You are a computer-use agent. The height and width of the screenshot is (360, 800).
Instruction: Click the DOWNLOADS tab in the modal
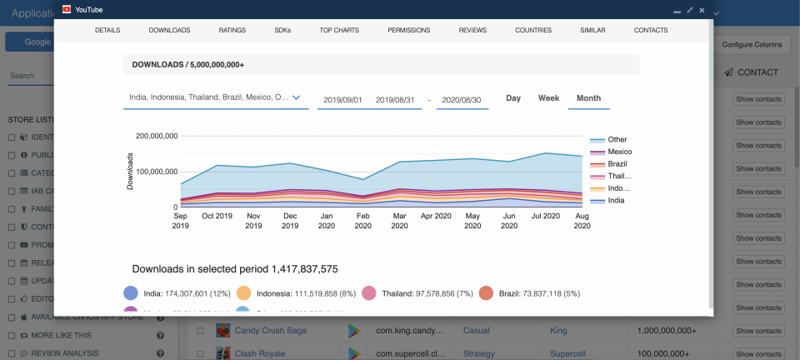pyautogui.click(x=169, y=30)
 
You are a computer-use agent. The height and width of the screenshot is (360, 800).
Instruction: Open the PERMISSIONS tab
pyautogui.click(x=408, y=30)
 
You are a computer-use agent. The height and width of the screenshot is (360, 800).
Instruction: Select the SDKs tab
pyautogui.click(x=282, y=30)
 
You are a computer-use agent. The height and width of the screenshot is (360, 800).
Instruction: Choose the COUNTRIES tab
pyautogui.click(x=533, y=30)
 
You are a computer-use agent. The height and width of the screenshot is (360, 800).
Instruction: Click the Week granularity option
pyautogui.click(x=548, y=98)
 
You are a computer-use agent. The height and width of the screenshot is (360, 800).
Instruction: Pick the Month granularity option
pyautogui.click(x=588, y=98)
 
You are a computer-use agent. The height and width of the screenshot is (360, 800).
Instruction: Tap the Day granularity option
pyautogui.click(x=513, y=98)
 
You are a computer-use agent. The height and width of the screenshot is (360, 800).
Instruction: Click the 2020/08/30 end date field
pyautogui.click(x=462, y=99)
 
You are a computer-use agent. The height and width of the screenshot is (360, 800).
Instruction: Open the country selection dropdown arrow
pyautogui.click(x=295, y=97)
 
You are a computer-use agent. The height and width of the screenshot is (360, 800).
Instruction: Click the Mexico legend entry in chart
pyautogui.click(x=618, y=152)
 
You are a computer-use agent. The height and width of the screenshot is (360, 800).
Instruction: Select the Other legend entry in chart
pyautogui.click(x=617, y=140)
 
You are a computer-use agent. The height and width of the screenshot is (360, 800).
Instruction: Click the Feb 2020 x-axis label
pyautogui.click(x=363, y=220)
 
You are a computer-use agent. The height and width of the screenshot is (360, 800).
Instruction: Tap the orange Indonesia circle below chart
pyautogui.click(x=244, y=293)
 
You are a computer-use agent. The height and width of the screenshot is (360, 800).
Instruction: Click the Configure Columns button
pyautogui.click(x=752, y=43)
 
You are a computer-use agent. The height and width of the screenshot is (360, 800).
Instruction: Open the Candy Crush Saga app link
pyautogui.click(x=270, y=331)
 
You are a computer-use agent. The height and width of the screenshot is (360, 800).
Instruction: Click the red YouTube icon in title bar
pyautogui.click(x=67, y=10)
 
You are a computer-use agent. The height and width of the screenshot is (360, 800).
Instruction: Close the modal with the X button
pyautogui.click(x=702, y=10)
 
